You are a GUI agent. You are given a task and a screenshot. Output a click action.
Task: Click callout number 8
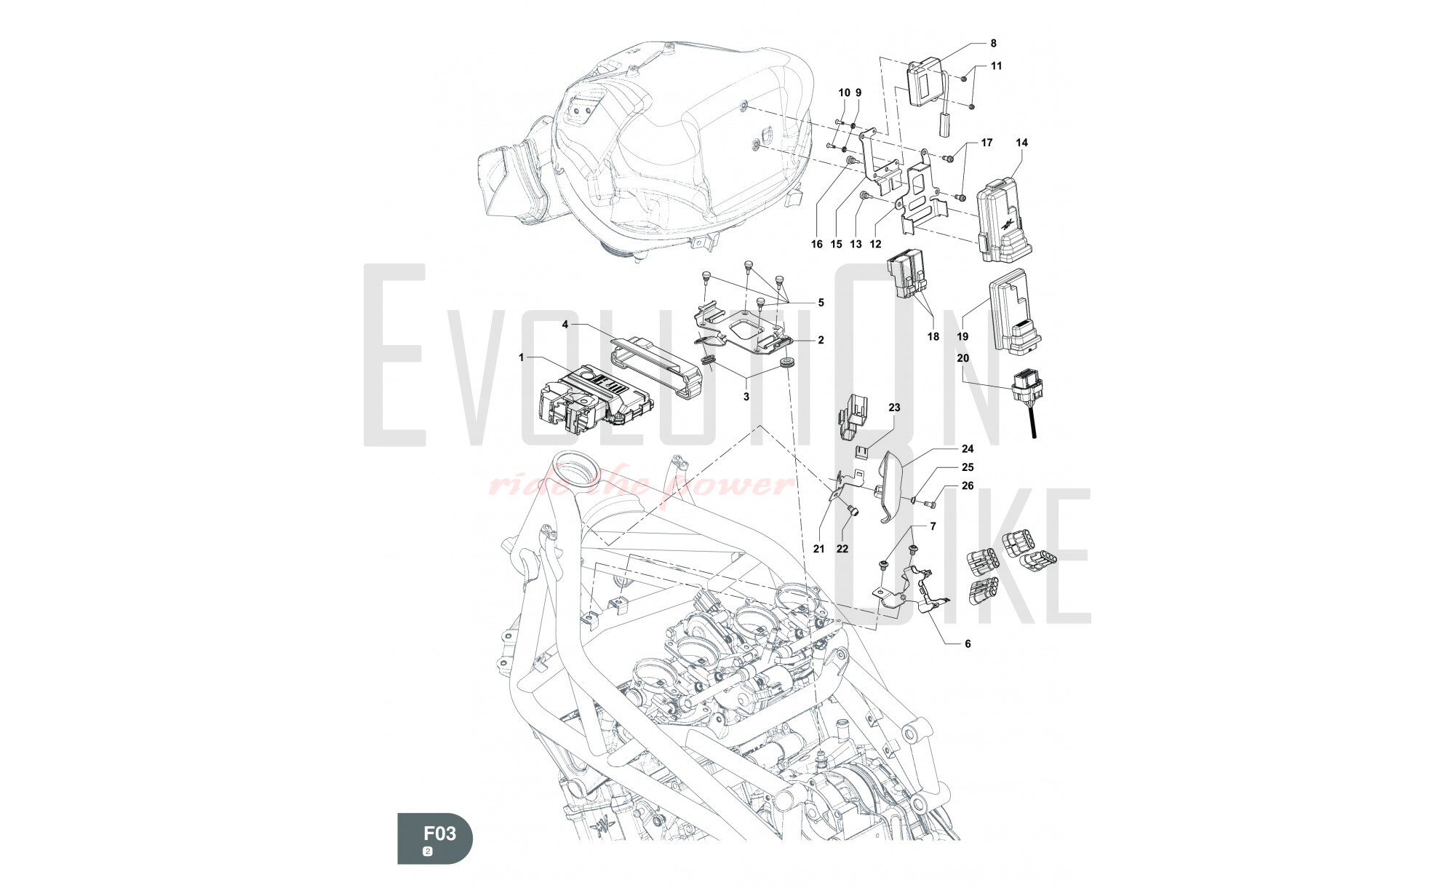[994, 43]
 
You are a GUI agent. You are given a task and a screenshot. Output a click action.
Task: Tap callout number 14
[1021, 143]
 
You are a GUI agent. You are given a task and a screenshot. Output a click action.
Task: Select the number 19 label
[962, 337]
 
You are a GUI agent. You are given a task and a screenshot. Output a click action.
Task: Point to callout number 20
[962, 358]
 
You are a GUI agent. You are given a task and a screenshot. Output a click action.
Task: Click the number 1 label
[521, 357]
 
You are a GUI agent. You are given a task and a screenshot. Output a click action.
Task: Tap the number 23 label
[894, 408]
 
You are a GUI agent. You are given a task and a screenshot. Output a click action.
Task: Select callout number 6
[968, 643]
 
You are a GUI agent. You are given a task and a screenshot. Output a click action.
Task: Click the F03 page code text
[440, 832]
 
